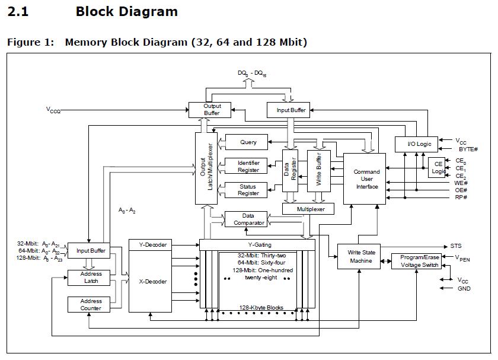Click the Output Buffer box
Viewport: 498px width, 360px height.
pos(212,110)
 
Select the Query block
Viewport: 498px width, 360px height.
pos(248,142)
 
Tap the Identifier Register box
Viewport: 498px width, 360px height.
pos(248,167)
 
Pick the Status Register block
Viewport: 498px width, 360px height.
pos(248,190)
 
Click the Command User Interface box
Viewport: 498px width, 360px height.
pos(366,179)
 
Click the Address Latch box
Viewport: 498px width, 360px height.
pos(91,278)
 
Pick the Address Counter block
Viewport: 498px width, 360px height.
pos(91,305)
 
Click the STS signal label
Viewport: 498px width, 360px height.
pos(456,246)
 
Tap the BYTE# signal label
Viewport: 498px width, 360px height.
pos(468,150)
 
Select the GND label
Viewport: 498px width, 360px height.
pos(464,289)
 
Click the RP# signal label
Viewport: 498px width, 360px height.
pos(461,197)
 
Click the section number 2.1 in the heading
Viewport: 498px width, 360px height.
pos(18,11)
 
